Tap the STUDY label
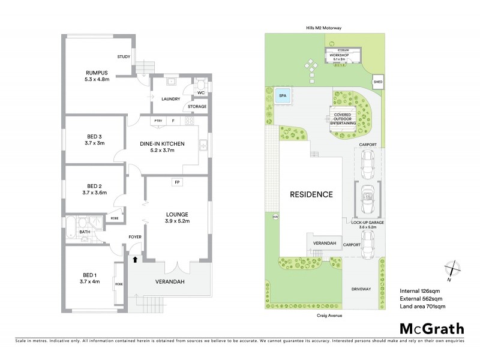pos(124,57)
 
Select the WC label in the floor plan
pos(201,93)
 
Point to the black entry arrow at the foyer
pos(135,259)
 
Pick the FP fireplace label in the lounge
pos(177,182)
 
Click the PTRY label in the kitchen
pos(158,121)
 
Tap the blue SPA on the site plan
pos(282,95)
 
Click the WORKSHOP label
pos(343,55)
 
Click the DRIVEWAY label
pos(362,289)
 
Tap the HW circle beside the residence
pos(275,217)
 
